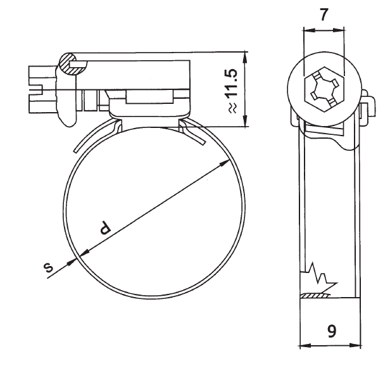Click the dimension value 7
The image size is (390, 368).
pyautogui.click(x=324, y=14)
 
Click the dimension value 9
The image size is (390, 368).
pyautogui.click(x=330, y=331)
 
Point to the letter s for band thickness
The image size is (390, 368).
pyautogui.click(x=49, y=269)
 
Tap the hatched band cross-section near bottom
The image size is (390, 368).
pyautogui.click(x=316, y=295)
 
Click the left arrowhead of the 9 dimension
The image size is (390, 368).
pyautogui.click(x=303, y=346)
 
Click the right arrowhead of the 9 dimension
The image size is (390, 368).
pyautogui.click(x=358, y=346)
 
